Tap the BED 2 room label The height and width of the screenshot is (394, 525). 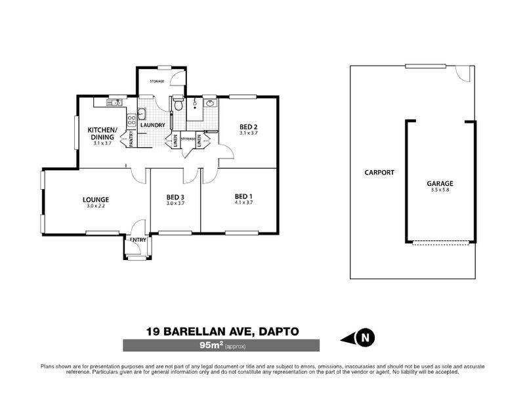tap(247, 127)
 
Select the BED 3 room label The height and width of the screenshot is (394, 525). tap(175, 196)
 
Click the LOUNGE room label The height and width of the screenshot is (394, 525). tap(95, 200)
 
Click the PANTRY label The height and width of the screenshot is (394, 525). tap(131, 139)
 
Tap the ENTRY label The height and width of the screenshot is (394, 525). tap(138, 240)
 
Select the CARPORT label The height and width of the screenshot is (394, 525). tap(379, 173)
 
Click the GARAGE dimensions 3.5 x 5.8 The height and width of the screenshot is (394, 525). tap(440, 190)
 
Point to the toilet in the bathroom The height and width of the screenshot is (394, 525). tap(178, 105)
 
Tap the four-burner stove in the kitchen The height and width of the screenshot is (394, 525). tap(131, 120)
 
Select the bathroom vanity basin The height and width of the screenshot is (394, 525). tap(210, 103)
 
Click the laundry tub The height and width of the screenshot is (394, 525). tap(141, 112)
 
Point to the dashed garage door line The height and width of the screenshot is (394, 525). tap(441, 243)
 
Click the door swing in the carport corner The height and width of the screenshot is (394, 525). tap(464, 74)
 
